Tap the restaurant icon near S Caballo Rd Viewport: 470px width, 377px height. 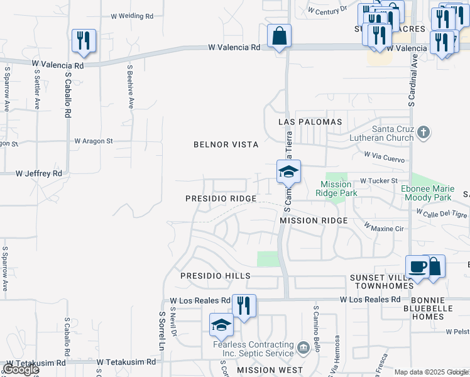pyautogui.click(x=84, y=41)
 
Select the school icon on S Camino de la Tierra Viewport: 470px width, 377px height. pyautogui.click(x=288, y=172)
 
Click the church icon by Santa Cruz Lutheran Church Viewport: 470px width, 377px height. pyautogui.click(x=424, y=133)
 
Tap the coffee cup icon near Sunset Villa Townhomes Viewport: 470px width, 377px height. pyautogui.click(x=417, y=266)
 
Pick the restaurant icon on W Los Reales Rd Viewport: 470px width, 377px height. pyautogui.click(x=244, y=306)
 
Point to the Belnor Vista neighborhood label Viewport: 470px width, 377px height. pyautogui.click(x=226, y=145)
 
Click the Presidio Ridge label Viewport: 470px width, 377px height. pyautogui.click(x=221, y=199)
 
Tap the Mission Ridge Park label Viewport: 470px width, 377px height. pyautogui.click(x=339, y=188)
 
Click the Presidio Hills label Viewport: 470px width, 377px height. pyautogui.click(x=215, y=276)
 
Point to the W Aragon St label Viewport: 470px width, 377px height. pyautogui.click(x=93, y=141)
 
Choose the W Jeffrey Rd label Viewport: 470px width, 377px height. pyautogui.click(x=39, y=173)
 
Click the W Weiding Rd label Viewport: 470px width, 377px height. pyautogui.click(x=132, y=16)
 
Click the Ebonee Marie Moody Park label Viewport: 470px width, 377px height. pyautogui.click(x=427, y=193)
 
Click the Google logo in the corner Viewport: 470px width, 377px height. pyautogui.click(x=20, y=369)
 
